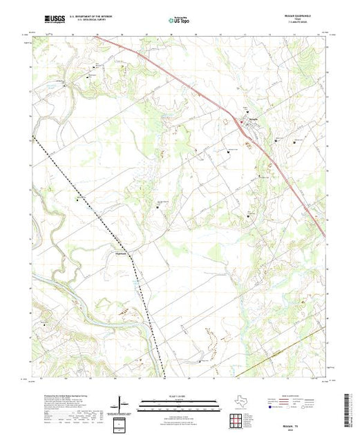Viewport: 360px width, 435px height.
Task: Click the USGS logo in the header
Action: (x=53, y=19)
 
